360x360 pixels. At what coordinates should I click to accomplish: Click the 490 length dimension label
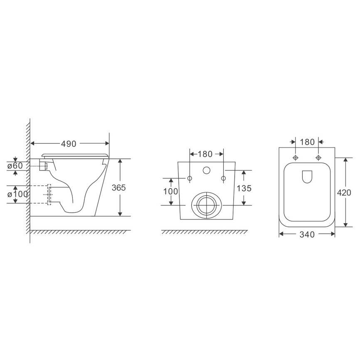click(x=69, y=144)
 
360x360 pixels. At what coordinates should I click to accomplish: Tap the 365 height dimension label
click(x=119, y=187)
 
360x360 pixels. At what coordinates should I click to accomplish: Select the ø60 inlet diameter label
click(x=15, y=165)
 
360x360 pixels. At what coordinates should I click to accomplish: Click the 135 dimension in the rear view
click(x=244, y=188)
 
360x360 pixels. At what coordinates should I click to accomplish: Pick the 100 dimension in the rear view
click(x=170, y=191)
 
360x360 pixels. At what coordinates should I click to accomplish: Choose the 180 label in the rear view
click(x=205, y=154)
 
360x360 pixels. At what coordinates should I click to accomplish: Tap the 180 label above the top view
click(x=307, y=142)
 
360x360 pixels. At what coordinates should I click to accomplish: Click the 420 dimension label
click(x=344, y=192)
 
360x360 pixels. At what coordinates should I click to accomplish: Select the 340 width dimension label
click(x=307, y=234)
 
